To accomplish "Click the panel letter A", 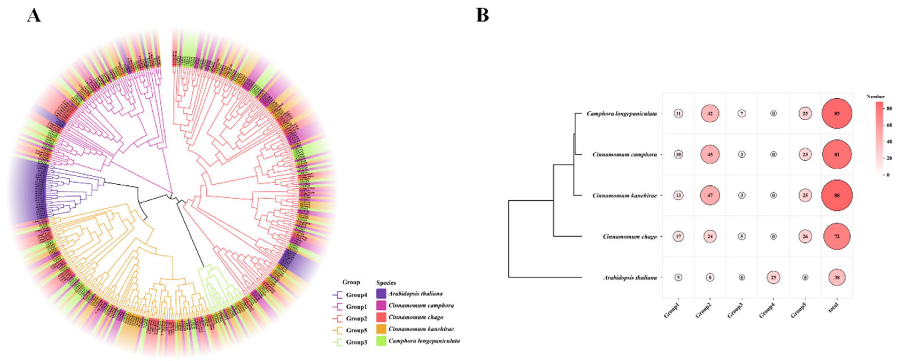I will pyautogui.click(x=34, y=15).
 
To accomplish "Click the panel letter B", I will pyautogui.click(x=482, y=15).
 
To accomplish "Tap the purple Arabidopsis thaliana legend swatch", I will pyautogui.click(x=381, y=293).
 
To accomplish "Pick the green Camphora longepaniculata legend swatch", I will pyautogui.click(x=381, y=341).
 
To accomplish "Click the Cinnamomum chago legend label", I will pyautogui.click(x=416, y=317).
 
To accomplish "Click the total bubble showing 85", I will pyautogui.click(x=837, y=114).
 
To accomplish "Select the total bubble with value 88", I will pyautogui.click(x=837, y=195).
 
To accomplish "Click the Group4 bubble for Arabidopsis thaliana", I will pyautogui.click(x=773, y=278).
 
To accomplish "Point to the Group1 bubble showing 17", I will pyautogui.click(x=678, y=236).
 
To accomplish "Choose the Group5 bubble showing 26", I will pyautogui.click(x=805, y=236).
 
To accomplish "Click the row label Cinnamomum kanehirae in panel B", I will pyautogui.click(x=624, y=196).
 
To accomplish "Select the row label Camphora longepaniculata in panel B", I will pyautogui.click(x=622, y=114).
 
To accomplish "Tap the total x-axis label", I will pyautogui.click(x=834, y=308).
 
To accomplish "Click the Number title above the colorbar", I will pyautogui.click(x=875, y=96).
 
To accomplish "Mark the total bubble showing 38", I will pyautogui.click(x=837, y=278).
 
